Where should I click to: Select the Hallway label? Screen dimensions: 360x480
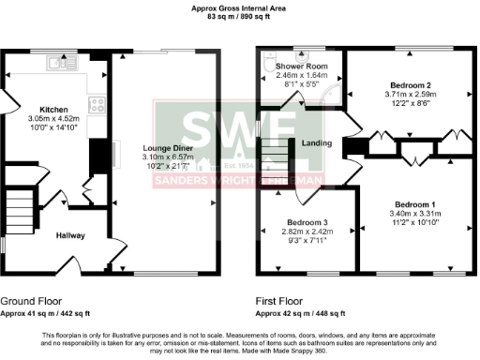[70, 236]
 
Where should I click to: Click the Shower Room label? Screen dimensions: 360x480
[301, 67]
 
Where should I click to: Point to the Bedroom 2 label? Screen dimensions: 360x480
[409, 85]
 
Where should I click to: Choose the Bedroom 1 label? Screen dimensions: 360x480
[413, 204]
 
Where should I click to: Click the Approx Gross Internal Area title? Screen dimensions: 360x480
[239, 7]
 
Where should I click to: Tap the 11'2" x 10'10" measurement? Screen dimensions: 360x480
[413, 223]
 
